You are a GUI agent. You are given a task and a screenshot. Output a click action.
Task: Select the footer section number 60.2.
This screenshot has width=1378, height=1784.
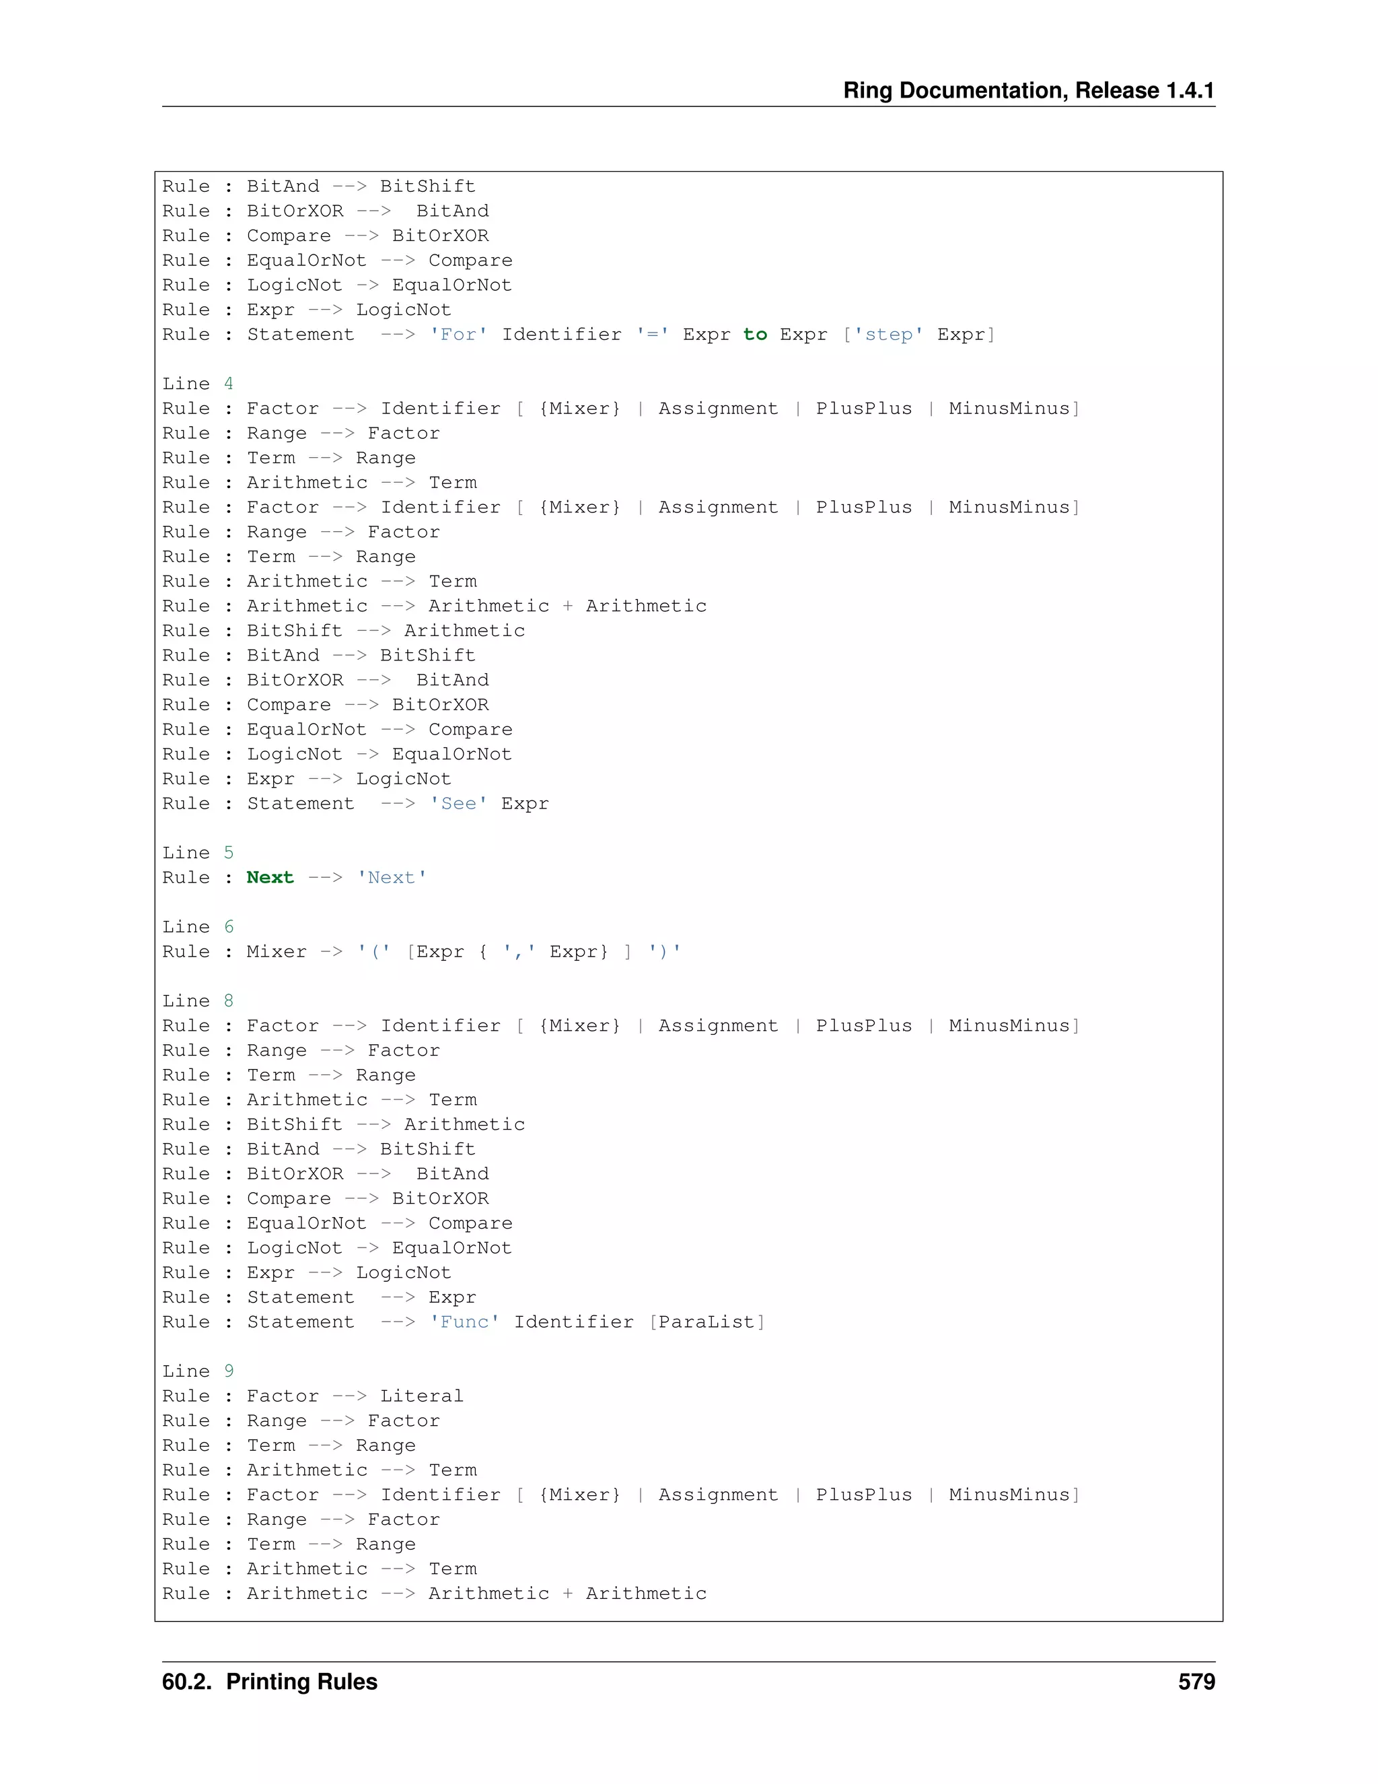(188, 1682)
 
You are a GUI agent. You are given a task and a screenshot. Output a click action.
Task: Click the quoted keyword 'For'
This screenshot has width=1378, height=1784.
(459, 335)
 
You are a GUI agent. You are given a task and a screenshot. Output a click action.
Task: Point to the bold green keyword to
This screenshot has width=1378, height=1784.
(755, 335)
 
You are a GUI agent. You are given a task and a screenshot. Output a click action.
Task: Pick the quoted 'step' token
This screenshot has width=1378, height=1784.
(888, 335)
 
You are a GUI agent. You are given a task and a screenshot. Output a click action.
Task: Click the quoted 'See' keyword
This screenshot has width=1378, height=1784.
(459, 804)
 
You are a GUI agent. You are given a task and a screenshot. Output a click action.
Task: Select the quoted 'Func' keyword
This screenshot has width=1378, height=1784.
(464, 1322)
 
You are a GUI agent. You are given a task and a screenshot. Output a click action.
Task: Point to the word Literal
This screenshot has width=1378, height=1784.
(422, 1397)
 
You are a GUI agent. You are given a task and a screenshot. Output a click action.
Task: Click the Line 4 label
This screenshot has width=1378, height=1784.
(198, 384)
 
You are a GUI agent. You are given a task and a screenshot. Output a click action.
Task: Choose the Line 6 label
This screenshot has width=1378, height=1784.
(198, 927)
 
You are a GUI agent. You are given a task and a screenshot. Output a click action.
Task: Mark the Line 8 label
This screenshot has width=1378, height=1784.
(198, 1002)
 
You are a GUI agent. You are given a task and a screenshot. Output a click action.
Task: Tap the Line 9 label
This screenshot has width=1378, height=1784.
(198, 1371)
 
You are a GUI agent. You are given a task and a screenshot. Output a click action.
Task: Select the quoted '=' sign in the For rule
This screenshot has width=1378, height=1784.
(653, 335)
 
